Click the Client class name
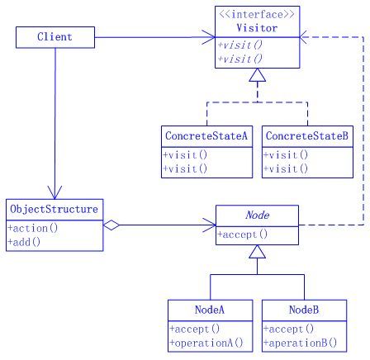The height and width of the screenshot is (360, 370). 55,37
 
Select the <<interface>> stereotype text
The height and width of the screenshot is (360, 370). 257,14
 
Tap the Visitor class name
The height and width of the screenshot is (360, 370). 257,28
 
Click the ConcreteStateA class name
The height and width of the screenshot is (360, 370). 206,135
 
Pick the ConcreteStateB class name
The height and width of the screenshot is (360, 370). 307,135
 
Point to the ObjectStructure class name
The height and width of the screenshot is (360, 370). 54,209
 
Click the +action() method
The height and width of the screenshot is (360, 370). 33,228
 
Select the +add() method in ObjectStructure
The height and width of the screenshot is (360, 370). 24,242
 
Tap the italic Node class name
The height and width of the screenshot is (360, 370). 258,215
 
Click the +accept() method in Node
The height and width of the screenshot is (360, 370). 242,234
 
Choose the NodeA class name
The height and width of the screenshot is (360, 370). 210,310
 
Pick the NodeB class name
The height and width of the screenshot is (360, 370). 304,310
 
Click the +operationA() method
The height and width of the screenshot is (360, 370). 206,343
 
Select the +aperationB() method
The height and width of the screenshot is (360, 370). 300,343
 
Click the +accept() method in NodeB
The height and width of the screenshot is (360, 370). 288,329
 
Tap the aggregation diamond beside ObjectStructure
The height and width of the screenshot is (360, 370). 111,225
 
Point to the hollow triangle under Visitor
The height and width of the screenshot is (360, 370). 258,75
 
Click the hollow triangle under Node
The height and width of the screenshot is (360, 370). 258,252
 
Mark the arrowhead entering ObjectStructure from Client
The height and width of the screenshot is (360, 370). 55,192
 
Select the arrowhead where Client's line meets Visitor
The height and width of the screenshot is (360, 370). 208,37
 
